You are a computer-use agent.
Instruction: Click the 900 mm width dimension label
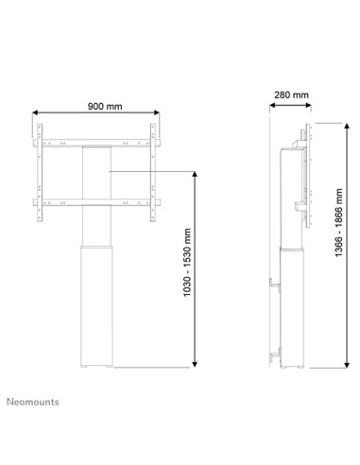pyautogui.click(x=96, y=106)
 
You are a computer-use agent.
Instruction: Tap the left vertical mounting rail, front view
pyautogui.click(x=40, y=171)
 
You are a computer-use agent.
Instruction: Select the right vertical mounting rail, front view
pyautogui.click(x=153, y=171)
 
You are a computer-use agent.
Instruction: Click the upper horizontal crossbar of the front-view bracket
pyautogui.click(x=96, y=144)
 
